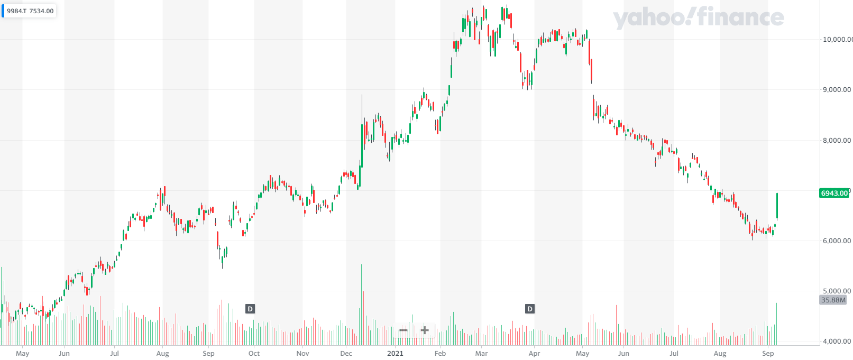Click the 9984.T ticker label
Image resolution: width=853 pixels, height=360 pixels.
[16, 11]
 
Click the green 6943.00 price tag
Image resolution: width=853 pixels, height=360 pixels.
[834, 193]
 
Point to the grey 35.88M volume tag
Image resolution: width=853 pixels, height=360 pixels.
[833, 300]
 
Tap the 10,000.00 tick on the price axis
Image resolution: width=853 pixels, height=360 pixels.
[837, 39]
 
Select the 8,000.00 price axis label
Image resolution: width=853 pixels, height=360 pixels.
[837, 140]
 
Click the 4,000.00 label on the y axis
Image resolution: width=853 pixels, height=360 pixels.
[837, 341]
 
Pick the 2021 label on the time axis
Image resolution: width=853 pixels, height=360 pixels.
[395, 354]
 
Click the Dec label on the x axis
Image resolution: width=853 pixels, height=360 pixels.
[346, 354]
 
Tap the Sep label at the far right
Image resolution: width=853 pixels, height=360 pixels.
[768, 354]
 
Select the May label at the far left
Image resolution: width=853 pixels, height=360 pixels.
[23, 354]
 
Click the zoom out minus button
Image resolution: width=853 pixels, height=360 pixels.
[403, 330]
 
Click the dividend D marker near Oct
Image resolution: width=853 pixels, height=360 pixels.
[250, 309]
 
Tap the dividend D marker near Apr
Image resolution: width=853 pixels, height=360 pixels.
[529, 309]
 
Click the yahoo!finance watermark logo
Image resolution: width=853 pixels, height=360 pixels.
[698, 17]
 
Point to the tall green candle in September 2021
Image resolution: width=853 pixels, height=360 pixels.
[777, 206]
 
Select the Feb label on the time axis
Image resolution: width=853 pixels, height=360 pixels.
[440, 354]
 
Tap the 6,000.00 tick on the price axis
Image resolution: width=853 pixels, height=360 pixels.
[837, 241]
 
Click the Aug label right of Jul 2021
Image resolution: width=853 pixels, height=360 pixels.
[720, 354]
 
